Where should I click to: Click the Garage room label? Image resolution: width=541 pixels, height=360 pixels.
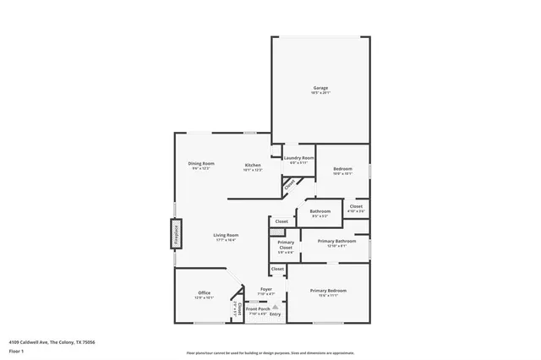click(x=320, y=88)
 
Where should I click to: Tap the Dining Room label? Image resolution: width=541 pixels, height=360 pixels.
click(x=201, y=163)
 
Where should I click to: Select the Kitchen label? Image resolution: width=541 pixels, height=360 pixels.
click(x=253, y=165)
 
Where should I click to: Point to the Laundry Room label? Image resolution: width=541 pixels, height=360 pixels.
click(x=298, y=158)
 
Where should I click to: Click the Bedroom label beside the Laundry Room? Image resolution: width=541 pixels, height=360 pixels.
click(x=342, y=170)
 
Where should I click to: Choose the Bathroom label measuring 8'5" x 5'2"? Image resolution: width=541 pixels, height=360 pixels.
click(x=320, y=211)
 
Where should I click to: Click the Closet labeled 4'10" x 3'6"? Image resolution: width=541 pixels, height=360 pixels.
click(x=356, y=206)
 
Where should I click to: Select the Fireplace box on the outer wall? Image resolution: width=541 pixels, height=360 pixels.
click(x=176, y=233)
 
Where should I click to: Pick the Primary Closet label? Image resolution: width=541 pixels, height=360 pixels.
click(x=286, y=245)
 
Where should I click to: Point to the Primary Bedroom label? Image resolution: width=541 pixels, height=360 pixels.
click(x=328, y=291)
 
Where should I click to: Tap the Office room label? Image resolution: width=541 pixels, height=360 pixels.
click(x=205, y=293)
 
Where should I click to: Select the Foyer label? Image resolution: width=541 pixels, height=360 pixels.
click(x=265, y=290)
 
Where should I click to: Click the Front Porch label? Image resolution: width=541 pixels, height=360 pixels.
click(x=258, y=309)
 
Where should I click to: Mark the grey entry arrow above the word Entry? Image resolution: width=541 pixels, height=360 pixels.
click(x=274, y=308)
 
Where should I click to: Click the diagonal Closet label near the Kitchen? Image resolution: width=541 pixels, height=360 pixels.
click(x=289, y=183)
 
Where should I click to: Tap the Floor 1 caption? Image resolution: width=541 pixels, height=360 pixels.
click(x=16, y=351)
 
